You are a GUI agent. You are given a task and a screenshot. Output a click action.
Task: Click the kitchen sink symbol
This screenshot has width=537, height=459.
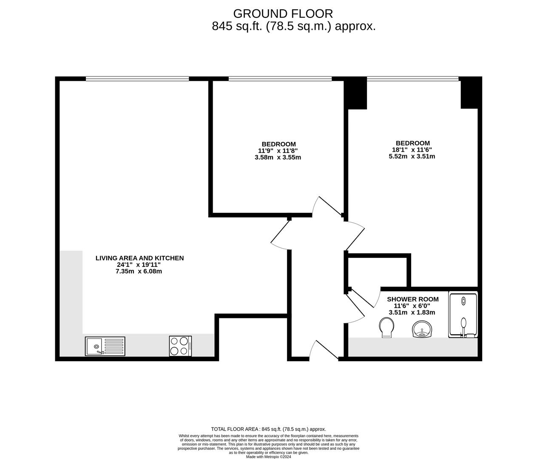(105, 346)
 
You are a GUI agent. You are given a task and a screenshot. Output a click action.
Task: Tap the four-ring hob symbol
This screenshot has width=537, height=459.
(181, 346)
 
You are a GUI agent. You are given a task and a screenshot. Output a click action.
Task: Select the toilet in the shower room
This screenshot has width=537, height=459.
(386, 329)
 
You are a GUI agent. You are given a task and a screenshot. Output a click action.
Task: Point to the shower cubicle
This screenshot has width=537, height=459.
(463, 315)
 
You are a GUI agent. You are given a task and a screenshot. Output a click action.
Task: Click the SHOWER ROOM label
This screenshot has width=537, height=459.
(412, 299)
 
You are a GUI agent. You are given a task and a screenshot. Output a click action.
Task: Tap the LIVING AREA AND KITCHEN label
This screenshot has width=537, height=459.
(139, 258)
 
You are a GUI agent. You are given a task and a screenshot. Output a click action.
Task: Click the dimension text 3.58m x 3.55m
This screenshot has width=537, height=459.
(278, 157)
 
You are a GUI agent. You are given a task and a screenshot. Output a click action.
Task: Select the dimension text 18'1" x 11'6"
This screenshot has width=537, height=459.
(412, 150)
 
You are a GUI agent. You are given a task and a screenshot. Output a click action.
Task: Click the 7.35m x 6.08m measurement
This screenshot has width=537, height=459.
(139, 271)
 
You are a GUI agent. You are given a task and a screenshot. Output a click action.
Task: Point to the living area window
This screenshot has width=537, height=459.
(137, 79)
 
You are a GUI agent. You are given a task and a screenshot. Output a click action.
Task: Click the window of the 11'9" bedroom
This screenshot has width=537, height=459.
(280, 79)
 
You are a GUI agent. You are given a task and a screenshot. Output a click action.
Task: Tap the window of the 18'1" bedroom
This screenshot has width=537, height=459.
(412, 79)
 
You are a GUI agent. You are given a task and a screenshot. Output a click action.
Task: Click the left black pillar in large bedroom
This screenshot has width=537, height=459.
(355, 93)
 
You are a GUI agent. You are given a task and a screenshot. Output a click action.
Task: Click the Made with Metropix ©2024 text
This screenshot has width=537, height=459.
(268, 457)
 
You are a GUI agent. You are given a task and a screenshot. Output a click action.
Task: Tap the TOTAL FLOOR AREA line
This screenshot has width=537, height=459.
(268, 429)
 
